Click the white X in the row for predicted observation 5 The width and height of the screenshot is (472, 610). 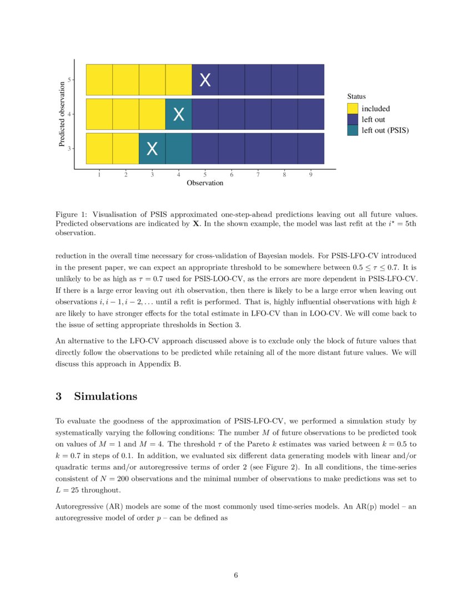tap(205, 80)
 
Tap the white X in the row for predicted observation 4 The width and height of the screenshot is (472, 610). tap(179, 115)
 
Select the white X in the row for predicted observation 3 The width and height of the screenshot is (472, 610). tap(152, 149)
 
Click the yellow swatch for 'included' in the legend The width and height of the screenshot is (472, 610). tap(353, 109)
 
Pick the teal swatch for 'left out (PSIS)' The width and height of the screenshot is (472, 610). tap(353, 130)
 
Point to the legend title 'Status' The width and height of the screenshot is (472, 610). tap(356, 96)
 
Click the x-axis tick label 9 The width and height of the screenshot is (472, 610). tap(311, 175)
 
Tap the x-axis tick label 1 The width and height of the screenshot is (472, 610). tap(99, 175)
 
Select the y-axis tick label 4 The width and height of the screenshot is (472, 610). tap(69, 114)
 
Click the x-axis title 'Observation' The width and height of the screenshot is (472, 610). tap(205, 183)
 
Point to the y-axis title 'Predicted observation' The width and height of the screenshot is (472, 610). tap(62, 114)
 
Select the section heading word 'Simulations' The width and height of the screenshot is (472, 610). tap(105, 396)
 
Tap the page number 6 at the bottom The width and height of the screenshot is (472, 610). tap(236, 576)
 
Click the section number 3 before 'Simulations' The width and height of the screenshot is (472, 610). tap(59, 396)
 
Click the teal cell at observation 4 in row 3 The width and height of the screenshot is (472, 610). tap(179, 149)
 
